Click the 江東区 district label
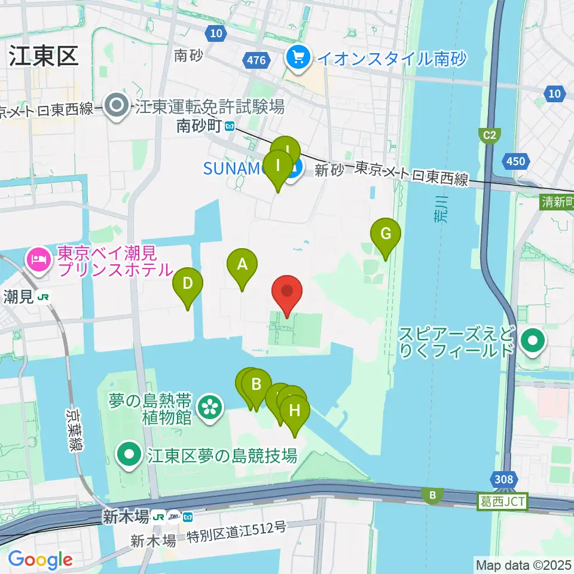[43, 57]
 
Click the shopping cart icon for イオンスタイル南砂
[297, 58]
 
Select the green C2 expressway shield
[490, 136]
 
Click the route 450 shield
[515, 161]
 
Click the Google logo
[40, 560]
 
